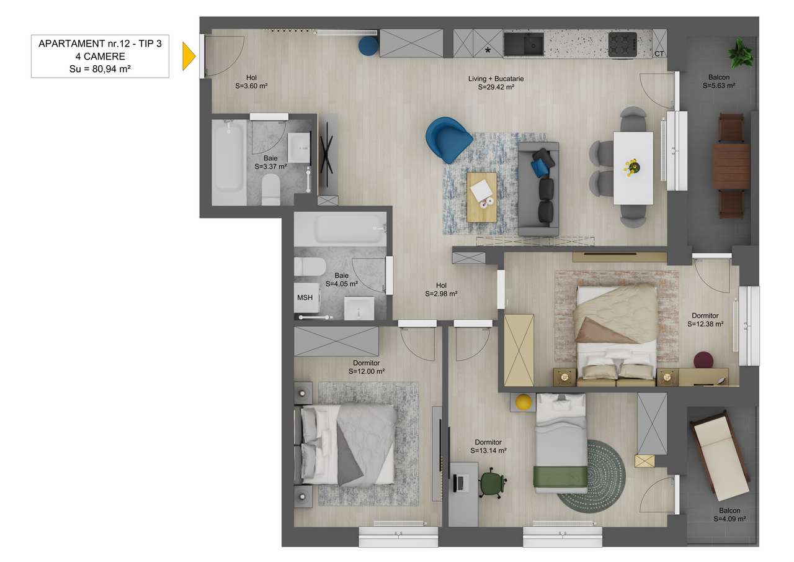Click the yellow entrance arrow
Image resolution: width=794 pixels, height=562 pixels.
pyautogui.click(x=189, y=57)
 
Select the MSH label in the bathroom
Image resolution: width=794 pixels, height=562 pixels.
pyautogui.click(x=305, y=297)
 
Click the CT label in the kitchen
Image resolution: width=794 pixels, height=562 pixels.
pyautogui.click(x=659, y=54)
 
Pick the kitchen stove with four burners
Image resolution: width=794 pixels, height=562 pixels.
pyautogui.click(x=622, y=44)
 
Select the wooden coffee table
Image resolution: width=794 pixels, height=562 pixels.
pyautogui.click(x=482, y=197)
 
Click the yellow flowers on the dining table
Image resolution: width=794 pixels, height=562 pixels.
pyautogui.click(x=632, y=166)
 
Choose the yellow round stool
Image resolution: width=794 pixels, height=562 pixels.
pyautogui.click(x=524, y=402)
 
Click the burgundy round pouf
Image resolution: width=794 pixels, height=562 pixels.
pyautogui.click(x=703, y=360)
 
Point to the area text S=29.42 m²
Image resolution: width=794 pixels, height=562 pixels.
pyautogui.click(x=496, y=88)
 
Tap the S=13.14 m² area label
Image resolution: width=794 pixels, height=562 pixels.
pyautogui.click(x=488, y=451)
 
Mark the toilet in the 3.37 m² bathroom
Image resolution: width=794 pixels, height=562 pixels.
pyautogui.click(x=271, y=190)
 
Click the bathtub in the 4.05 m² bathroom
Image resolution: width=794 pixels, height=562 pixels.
pyautogui.click(x=340, y=229)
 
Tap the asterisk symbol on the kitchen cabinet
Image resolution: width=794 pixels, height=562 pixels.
pyautogui.click(x=488, y=50)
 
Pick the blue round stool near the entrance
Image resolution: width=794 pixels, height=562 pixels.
pyautogui.click(x=368, y=45)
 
